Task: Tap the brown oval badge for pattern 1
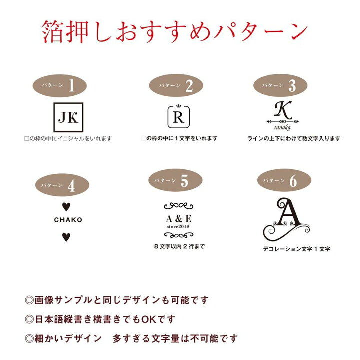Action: [x=60, y=86]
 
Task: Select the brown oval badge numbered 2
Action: [x=176, y=86]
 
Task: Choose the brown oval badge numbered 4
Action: [x=60, y=185]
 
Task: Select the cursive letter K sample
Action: [x=283, y=109]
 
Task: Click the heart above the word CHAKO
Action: [x=65, y=206]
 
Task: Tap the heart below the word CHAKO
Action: [x=65, y=237]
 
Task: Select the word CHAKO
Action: [x=68, y=220]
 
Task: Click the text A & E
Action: [x=179, y=219]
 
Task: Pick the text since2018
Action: [x=179, y=228]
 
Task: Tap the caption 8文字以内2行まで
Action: [x=179, y=246]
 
